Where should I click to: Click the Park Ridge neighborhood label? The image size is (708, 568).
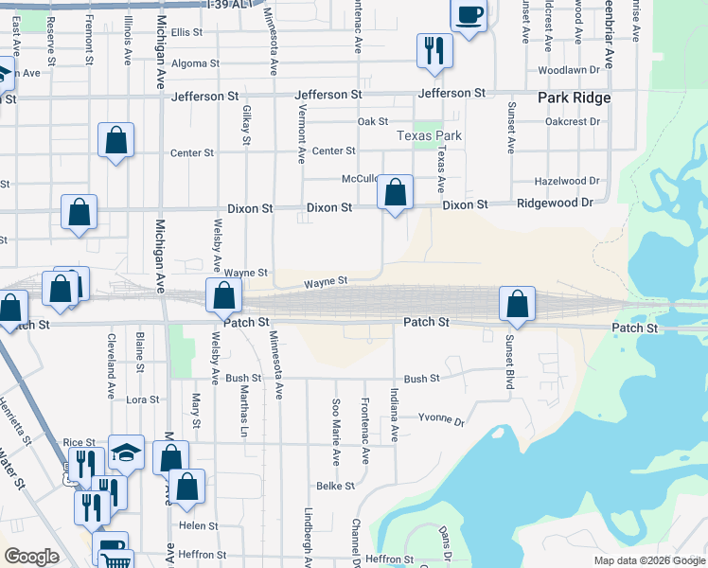pos(574,98)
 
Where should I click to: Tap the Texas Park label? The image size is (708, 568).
pos(429,135)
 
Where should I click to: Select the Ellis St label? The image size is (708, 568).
pos(186,32)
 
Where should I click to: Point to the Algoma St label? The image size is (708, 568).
pos(195,64)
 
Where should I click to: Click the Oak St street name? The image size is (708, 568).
pos(373,122)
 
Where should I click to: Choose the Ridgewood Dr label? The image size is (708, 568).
pos(554,204)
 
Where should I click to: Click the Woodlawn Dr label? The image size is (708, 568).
pos(569,70)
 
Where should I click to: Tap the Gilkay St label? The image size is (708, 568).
pos(245,125)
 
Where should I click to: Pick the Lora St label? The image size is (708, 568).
pos(143,400)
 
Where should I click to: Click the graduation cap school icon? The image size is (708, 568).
pos(126,453)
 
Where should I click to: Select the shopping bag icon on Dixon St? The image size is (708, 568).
pos(395,192)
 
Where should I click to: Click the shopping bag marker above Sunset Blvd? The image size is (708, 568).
pos(517,304)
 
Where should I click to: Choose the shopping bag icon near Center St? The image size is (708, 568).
pos(115,141)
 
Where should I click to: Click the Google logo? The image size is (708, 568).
pos(31,557)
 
